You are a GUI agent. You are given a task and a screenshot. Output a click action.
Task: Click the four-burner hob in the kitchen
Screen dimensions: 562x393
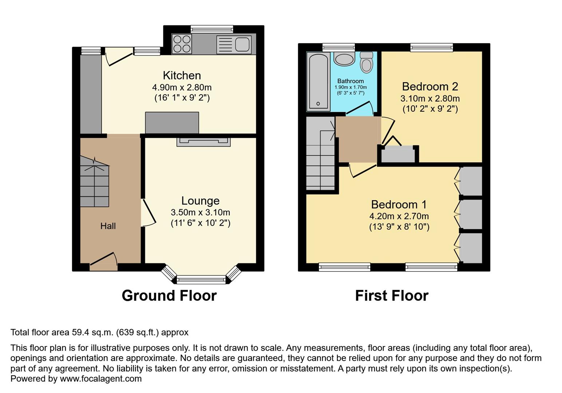coord(182,44)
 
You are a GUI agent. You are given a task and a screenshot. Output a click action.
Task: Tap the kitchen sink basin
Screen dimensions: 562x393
coord(242,44)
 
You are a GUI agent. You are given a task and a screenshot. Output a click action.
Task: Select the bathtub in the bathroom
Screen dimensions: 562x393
coord(318,82)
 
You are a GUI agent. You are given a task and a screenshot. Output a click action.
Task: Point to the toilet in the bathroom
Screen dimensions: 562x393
coord(367,62)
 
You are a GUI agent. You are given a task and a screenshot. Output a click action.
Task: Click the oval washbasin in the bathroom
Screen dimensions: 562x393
coord(344,59)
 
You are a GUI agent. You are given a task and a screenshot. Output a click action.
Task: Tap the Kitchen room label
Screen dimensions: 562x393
coord(182,75)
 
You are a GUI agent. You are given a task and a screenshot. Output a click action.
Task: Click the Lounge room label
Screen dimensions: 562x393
coord(201,201)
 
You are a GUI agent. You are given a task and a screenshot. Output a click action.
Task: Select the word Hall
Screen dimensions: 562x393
coord(108,226)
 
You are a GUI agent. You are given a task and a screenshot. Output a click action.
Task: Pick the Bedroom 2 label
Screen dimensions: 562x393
coord(430,87)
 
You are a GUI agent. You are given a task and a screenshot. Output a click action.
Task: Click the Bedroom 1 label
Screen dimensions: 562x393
coord(399,205)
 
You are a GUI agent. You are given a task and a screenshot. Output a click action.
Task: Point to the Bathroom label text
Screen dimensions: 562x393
coord(351,81)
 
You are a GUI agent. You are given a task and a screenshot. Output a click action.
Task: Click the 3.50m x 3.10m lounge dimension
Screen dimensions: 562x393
coord(201,213)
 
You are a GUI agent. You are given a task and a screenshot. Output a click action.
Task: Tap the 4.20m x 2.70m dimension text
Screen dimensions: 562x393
coord(399,216)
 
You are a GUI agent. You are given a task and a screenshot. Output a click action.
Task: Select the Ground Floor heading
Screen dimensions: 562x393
coord(169,295)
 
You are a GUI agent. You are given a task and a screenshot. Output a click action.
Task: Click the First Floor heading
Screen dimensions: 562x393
coord(392,295)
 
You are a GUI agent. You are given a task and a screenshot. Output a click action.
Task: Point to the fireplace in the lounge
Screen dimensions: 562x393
coord(204,142)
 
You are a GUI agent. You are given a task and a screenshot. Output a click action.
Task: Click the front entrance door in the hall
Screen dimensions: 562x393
coord(104,262)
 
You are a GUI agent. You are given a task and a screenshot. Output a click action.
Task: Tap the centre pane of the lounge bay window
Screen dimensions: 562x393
coord(201,279)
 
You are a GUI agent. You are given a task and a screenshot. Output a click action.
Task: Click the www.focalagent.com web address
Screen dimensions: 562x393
coord(100,378)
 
